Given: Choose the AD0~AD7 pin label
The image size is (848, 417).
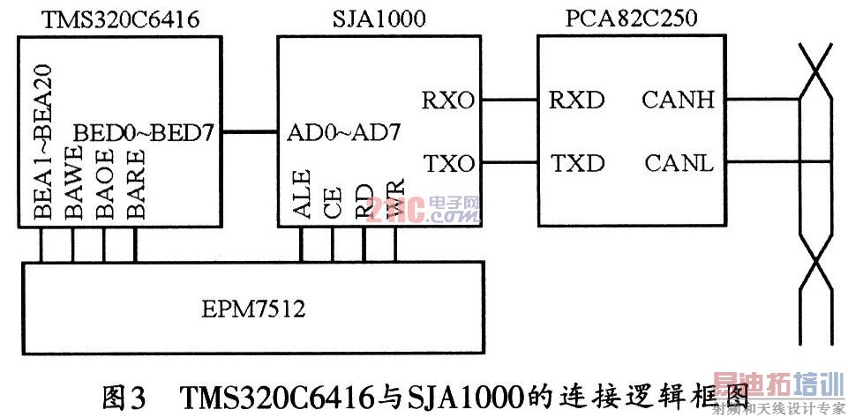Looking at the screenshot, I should coord(345,133).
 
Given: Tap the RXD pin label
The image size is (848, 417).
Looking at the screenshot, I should coord(577,100).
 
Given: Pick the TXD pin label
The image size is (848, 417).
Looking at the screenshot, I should coord(577,164).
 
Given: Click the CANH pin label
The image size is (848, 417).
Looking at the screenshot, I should coord(678,100).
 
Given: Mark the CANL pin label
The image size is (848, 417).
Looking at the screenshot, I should coord(677,164).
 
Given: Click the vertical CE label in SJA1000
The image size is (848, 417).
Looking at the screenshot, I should coord(332,205).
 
